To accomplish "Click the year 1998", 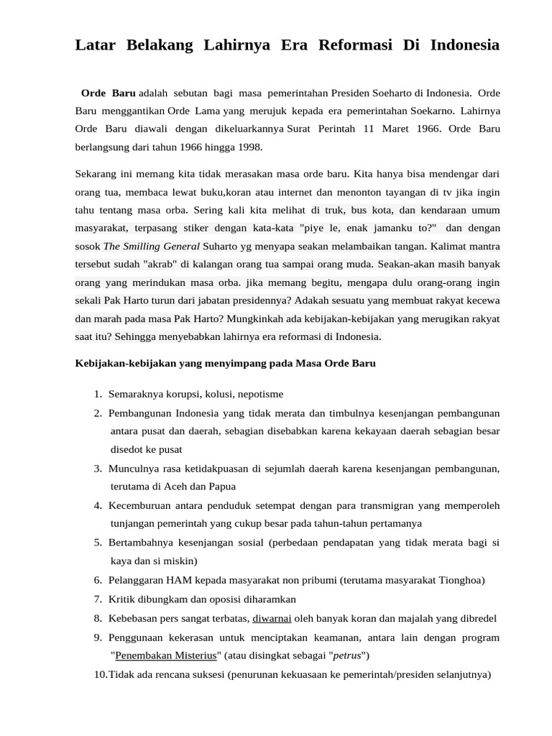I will pyautogui.click(x=247, y=147).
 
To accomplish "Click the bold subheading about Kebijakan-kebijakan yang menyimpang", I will pyautogui.click(x=226, y=363).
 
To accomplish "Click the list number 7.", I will pyautogui.click(x=97, y=599).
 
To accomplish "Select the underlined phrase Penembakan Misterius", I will pyautogui.click(x=165, y=655).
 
